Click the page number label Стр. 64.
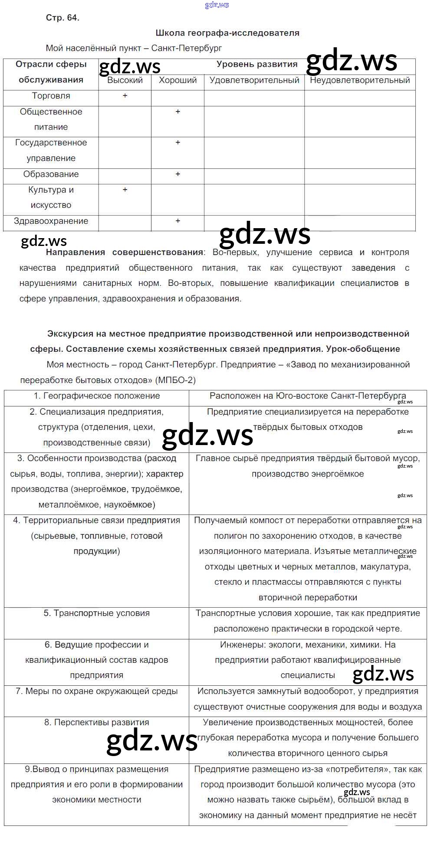(62, 18)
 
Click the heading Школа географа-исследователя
(227, 33)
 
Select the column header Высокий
(125, 80)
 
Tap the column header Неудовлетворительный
(360, 80)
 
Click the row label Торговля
(51, 96)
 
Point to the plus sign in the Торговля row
(125, 95)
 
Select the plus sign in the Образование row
(178, 174)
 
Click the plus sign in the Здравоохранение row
(178, 221)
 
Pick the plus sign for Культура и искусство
(125, 190)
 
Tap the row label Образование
(51, 174)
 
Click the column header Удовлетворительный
(254, 80)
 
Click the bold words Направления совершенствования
(125, 252)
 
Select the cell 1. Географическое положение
(97, 396)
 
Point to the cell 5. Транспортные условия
(97, 613)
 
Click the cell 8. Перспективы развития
(97, 723)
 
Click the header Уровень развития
(257, 65)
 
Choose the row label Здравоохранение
(51, 221)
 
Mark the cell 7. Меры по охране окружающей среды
(97, 691)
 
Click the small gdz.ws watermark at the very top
(217, 5)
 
